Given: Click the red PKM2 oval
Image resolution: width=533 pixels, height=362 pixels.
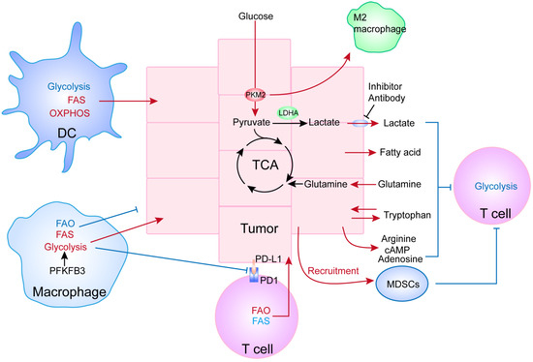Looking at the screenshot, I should tap(255, 95).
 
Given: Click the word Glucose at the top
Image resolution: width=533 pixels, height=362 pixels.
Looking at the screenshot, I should tap(255, 18).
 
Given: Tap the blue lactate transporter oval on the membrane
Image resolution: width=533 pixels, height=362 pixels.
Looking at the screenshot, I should tap(360, 124).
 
